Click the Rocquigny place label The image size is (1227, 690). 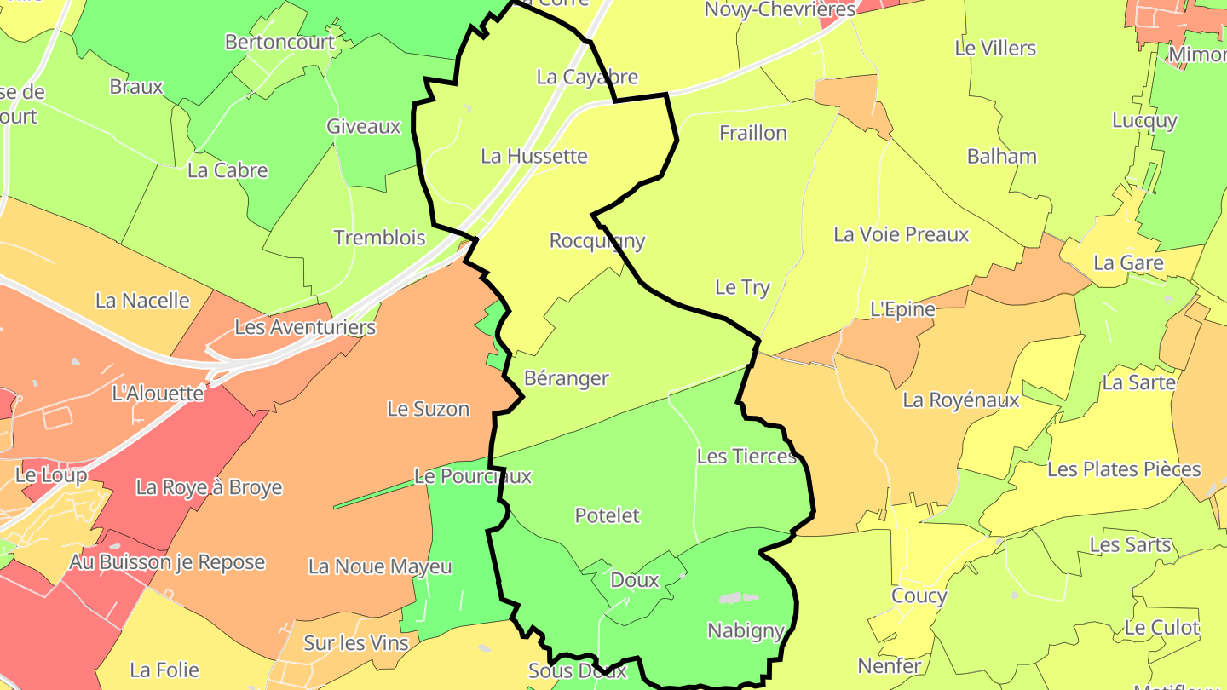point(596,241)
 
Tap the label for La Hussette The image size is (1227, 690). point(534,157)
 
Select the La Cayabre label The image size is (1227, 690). point(587,78)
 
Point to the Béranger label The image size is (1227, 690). point(567,378)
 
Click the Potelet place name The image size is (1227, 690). point(607,515)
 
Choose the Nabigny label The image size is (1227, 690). point(746,631)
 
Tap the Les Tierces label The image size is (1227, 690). point(746,457)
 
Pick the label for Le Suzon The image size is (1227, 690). point(429,409)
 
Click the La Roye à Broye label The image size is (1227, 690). point(209,487)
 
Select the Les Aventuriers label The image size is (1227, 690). point(305,327)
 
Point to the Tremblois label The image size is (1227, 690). point(379,238)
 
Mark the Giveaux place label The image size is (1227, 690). point(363,127)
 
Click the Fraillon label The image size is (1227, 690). point(753,133)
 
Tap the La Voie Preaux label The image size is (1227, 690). point(901,234)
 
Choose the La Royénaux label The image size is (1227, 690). point(960,400)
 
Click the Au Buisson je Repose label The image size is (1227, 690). point(167,562)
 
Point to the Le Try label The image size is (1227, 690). point(742,287)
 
